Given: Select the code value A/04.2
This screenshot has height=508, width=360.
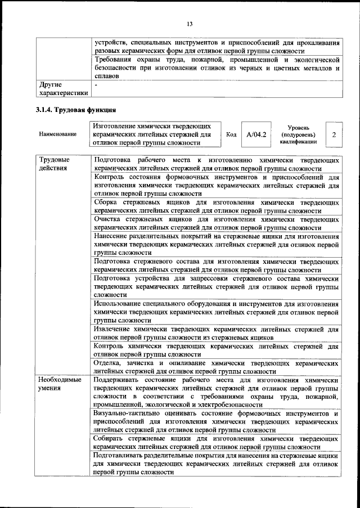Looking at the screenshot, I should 256,135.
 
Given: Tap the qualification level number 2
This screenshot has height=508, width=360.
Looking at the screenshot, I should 334,135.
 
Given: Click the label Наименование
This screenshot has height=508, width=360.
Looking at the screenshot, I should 57,135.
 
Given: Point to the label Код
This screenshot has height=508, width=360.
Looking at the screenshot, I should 231,135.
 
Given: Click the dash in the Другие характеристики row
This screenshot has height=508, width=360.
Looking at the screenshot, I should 97,84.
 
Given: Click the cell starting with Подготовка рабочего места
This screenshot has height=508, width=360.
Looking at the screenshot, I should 217,164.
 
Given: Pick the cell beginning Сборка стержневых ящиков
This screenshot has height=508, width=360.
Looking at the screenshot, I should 217,205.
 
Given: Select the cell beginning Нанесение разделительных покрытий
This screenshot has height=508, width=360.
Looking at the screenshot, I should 217,244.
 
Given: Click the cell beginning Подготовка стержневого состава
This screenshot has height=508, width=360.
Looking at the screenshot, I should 217,266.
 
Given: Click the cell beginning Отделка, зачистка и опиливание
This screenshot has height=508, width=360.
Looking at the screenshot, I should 217,367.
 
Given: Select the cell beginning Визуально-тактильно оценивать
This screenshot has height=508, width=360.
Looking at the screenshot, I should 217,421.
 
